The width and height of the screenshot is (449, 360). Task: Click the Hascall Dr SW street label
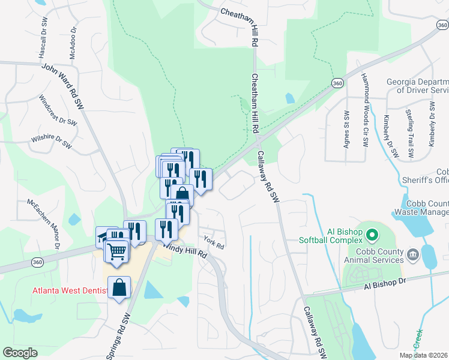(x=43, y=37)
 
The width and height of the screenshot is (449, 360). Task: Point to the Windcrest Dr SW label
(x=58, y=110)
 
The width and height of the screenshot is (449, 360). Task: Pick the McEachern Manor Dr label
(x=43, y=223)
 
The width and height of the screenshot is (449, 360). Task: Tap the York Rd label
(x=214, y=243)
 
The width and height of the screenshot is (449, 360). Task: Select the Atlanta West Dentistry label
(x=70, y=292)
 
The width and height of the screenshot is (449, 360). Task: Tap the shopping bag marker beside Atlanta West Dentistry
(x=119, y=288)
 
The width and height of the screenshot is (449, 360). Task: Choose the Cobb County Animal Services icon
(x=412, y=256)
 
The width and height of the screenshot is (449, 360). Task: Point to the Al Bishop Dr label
(x=385, y=284)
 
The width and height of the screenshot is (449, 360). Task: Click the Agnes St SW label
(x=346, y=127)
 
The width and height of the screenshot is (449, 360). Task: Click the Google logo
(x=20, y=353)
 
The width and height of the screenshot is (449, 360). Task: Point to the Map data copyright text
(x=424, y=355)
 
